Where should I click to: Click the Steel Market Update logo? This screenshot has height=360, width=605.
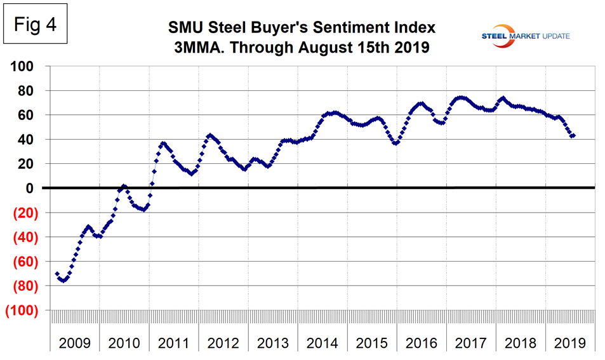point(523,36)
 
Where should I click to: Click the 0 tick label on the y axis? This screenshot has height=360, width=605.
point(37,188)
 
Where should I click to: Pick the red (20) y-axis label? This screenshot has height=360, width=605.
point(27,213)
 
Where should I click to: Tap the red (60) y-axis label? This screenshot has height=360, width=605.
point(27,262)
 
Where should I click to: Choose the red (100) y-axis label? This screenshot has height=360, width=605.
point(23,310)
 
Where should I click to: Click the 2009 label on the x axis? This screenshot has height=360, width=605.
point(74,343)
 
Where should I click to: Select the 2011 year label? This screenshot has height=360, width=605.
point(173,343)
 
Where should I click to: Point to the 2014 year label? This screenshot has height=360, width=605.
point(322,343)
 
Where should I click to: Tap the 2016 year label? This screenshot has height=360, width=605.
point(422,343)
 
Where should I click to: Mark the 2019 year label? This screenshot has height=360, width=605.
point(570,343)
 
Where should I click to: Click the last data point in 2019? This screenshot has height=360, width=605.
point(573,135)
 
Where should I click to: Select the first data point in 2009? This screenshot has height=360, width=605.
point(57,274)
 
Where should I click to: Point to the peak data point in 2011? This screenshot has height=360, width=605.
point(163,143)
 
